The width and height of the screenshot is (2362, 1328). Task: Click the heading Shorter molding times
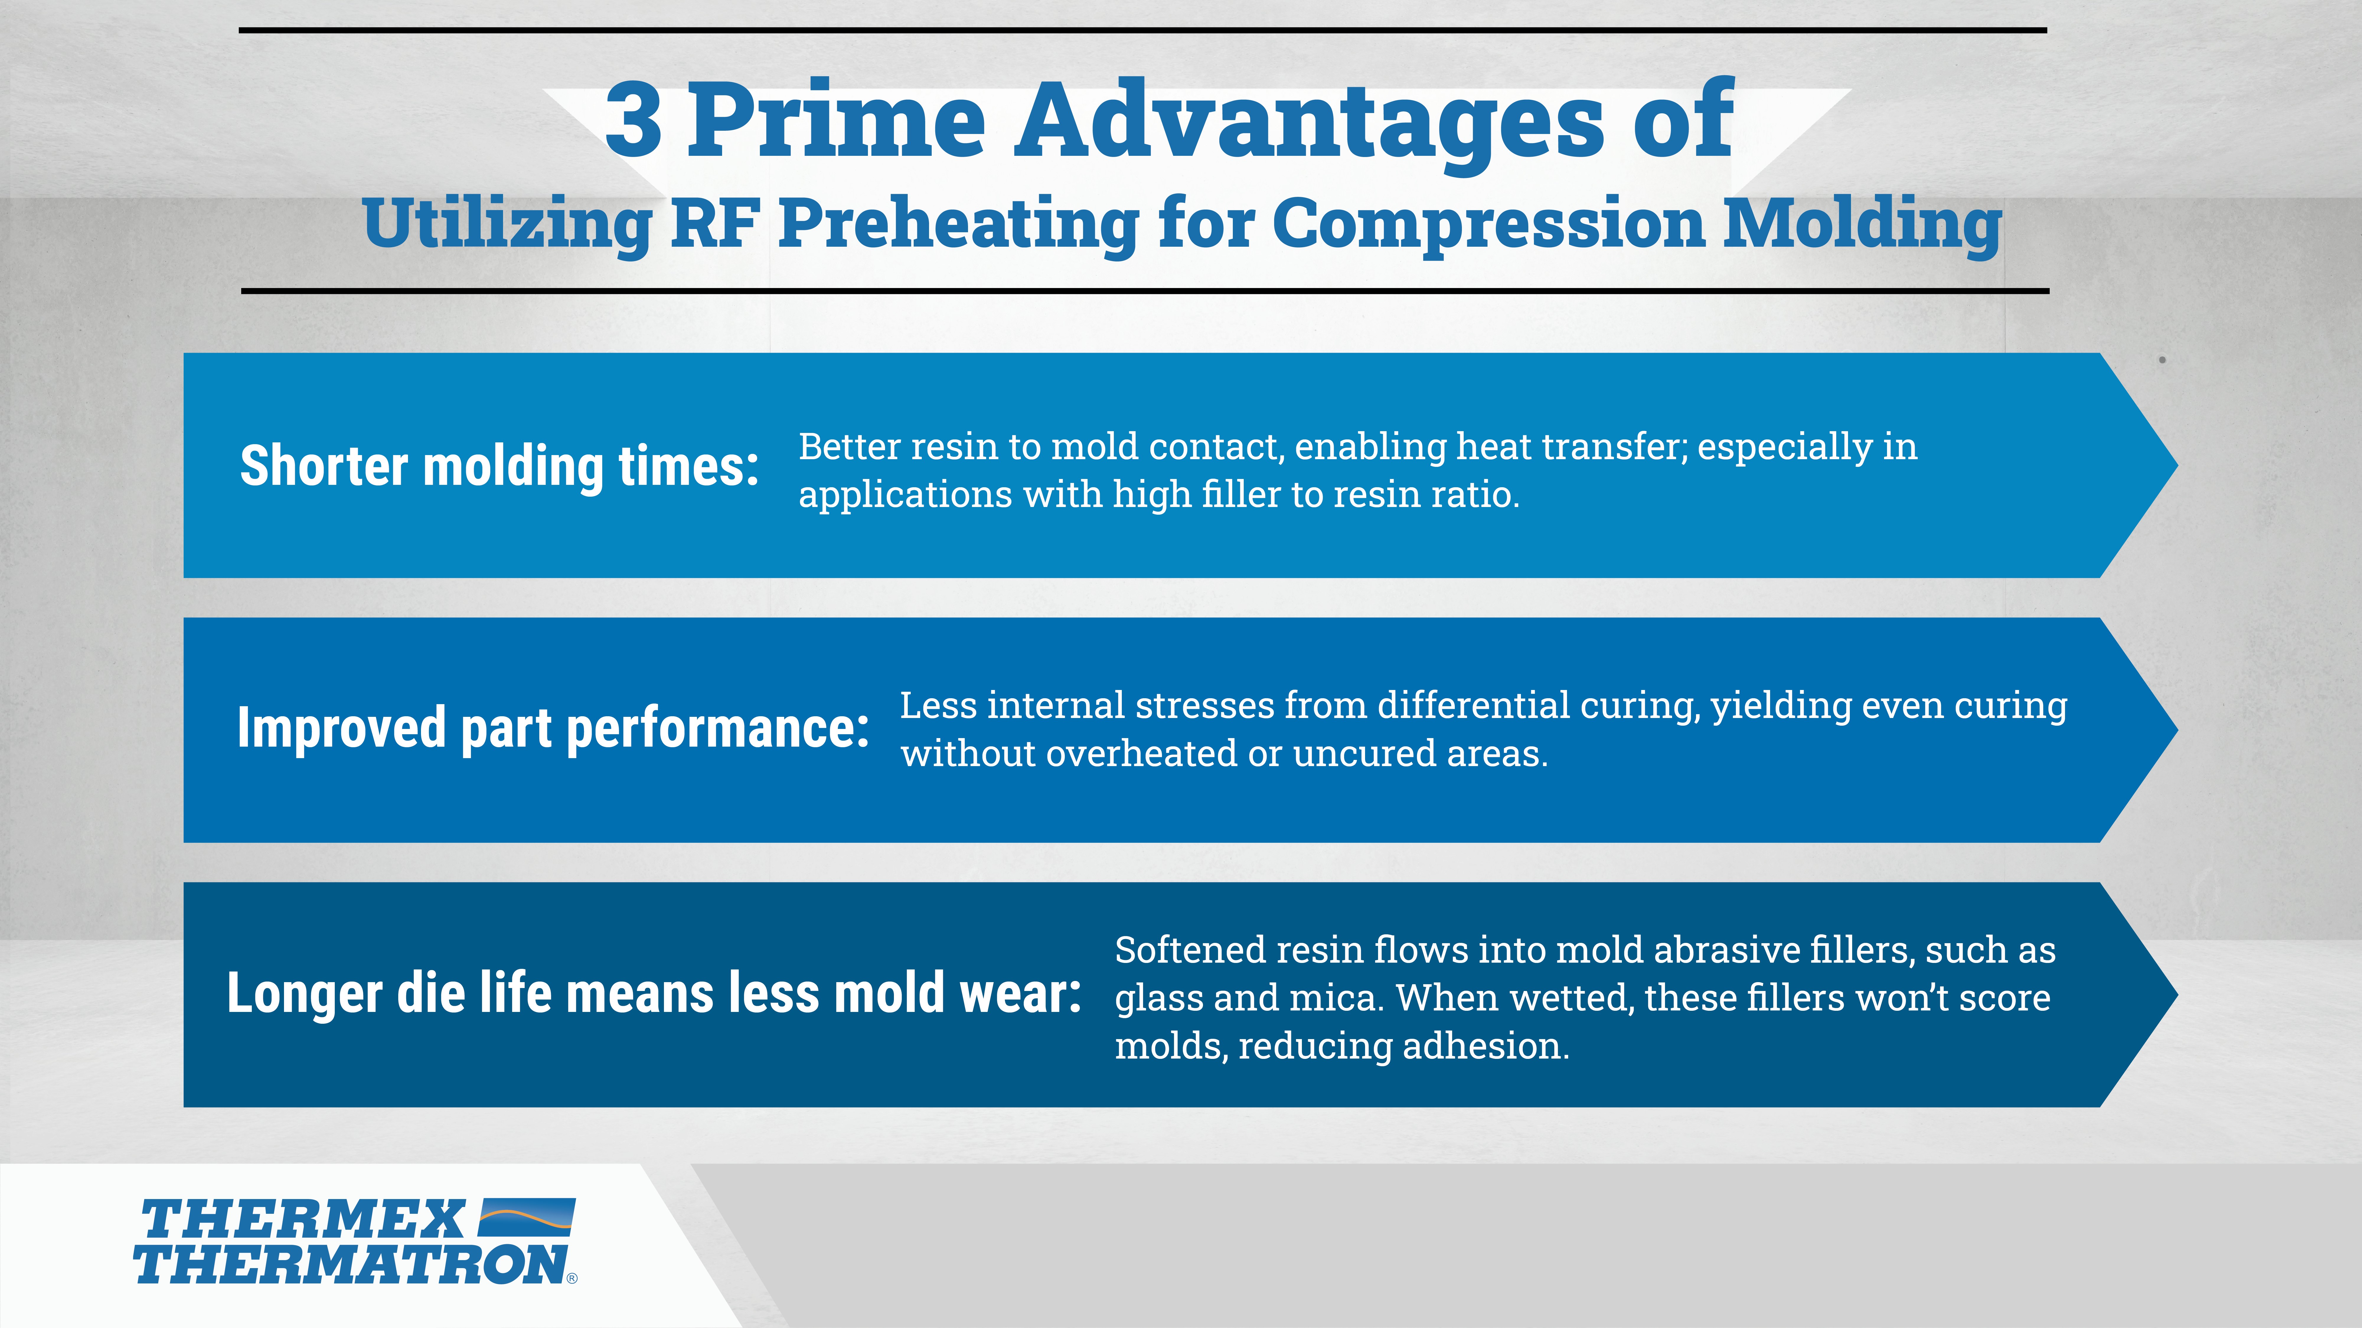click(500, 467)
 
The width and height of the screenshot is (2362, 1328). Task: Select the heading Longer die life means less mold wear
click(654, 993)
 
